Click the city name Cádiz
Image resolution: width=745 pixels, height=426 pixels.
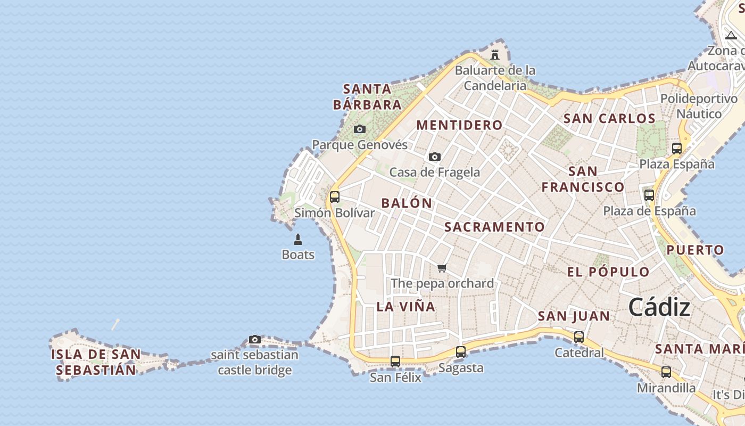pos(659,307)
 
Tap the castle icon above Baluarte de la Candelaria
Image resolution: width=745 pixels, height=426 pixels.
pos(495,54)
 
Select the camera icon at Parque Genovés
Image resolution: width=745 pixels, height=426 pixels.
pos(360,129)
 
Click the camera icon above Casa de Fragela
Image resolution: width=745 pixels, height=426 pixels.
pos(435,157)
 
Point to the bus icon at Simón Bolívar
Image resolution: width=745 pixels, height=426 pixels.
pos(335,197)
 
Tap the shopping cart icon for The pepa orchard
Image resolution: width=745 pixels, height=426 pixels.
pos(442,268)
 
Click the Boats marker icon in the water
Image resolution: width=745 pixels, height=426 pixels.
pos(298,240)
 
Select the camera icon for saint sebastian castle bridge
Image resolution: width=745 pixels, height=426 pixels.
pos(255,339)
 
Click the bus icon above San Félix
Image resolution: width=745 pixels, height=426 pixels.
pos(395,362)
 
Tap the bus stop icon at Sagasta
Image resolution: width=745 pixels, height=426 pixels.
pos(461,352)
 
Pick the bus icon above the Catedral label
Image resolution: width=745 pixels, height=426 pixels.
pos(579,337)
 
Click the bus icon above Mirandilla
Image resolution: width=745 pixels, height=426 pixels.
pos(666,372)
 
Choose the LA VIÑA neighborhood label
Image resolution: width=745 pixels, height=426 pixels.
pos(406,307)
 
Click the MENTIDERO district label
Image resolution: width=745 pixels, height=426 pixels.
pos(459,125)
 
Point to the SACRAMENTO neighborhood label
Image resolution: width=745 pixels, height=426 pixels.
pos(494,227)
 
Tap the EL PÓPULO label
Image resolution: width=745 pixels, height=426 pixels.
pos(608,272)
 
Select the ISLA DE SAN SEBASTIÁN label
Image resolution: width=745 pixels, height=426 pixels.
pos(96,362)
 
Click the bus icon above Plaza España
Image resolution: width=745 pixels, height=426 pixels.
pos(677,149)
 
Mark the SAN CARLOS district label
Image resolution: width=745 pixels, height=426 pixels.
pos(609,118)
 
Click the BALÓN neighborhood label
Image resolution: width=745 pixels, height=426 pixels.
pos(407,203)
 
